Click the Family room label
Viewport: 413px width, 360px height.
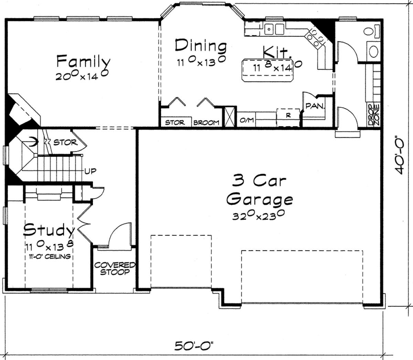click(x=83, y=61)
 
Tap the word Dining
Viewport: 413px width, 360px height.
click(x=201, y=46)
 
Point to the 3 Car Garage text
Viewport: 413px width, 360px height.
click(x=260, y=190)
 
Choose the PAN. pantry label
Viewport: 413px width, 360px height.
click(x=315, y=106)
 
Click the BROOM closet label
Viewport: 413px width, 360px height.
click(x=206, y=123)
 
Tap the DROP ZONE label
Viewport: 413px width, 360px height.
click(x=374, y=115)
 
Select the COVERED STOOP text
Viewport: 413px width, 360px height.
click(x=115, y=268)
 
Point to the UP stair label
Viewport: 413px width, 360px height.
click(x=91, y=171)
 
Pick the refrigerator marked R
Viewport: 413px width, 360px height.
click(x=288, y=118)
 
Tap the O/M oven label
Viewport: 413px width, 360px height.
click(x=247, y=120)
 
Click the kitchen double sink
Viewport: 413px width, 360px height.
click(x=274, y=29)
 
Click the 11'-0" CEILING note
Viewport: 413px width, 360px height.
click(x=50, y=256)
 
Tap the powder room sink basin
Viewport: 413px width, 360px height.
click(x=374, y=52)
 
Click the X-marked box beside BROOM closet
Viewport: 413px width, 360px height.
click(x=230, y=117)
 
